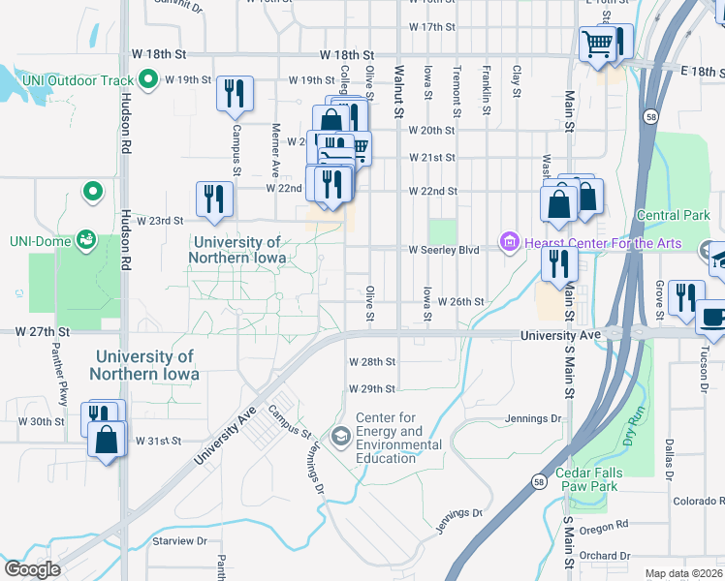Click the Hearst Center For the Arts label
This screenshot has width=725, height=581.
[604, 243]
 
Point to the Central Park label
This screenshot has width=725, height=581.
[673, 215]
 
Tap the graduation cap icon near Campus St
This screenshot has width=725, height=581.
[340, 437]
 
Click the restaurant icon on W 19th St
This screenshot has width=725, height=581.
[235, 93]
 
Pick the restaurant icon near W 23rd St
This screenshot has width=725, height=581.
[213, 199]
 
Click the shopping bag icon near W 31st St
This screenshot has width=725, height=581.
[106, 439]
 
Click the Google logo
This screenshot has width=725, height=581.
[32, 569]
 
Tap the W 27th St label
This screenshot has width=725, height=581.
[36, 331]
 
